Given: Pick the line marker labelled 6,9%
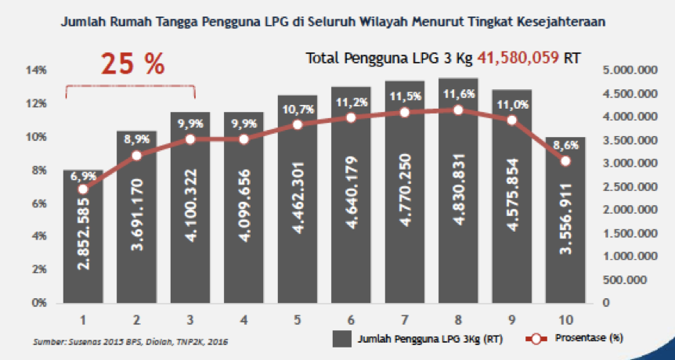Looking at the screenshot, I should (84, 189).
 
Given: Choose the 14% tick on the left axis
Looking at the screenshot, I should (38, 70).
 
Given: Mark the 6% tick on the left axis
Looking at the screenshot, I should (40, 203).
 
